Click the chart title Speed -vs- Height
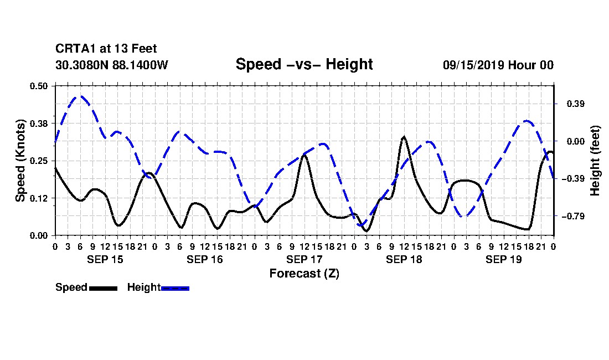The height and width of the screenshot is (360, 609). pyautogui.click(x=304, y=64)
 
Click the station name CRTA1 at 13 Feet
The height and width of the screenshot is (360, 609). pyautogui.click(x=106, y=49)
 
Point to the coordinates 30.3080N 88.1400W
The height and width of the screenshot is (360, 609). pyautogui.click(x=112, y=65)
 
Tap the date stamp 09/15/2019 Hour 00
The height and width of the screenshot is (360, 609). pyautogui.click(x=498, y=65)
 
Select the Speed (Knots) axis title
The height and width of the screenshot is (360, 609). pyautogui.click(x=20, y=161)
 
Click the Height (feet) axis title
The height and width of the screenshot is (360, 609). pyautogui.click(x=595, y=161)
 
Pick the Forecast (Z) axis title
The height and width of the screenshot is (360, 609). pyautogui.click(x=304, y=274)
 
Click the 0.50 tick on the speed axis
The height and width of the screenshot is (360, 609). pyautogui.click(x=38, y=86)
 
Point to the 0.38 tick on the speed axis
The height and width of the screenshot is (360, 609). pyautogui.click(x=38, y=124)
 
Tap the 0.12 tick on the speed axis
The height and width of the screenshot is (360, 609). pyautogui.click(x=38, y=198)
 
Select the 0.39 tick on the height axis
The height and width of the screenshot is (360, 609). pyautogui.click(x=576, y=104)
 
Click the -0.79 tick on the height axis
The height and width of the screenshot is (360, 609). pyautogui.click(x=573, y=216)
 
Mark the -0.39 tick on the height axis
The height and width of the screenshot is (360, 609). pyautogui.click(x=573, y=179)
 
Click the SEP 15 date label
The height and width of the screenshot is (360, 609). pyautogui.click(x=105, y=259)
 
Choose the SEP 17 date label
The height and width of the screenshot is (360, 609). pyautogui.click(x=304, y=259)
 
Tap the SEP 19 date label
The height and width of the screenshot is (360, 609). pyautogui.click(x=503, y=259)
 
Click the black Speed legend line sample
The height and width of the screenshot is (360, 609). pyautogui.click(x=103, y=288)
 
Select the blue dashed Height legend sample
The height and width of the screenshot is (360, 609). pyautogui.click(x=175, y=288)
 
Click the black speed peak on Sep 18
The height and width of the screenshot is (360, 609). pyautogui.click(x=404, y=137)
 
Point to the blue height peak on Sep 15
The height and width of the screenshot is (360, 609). pyautogui.click(x=81, y=96)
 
